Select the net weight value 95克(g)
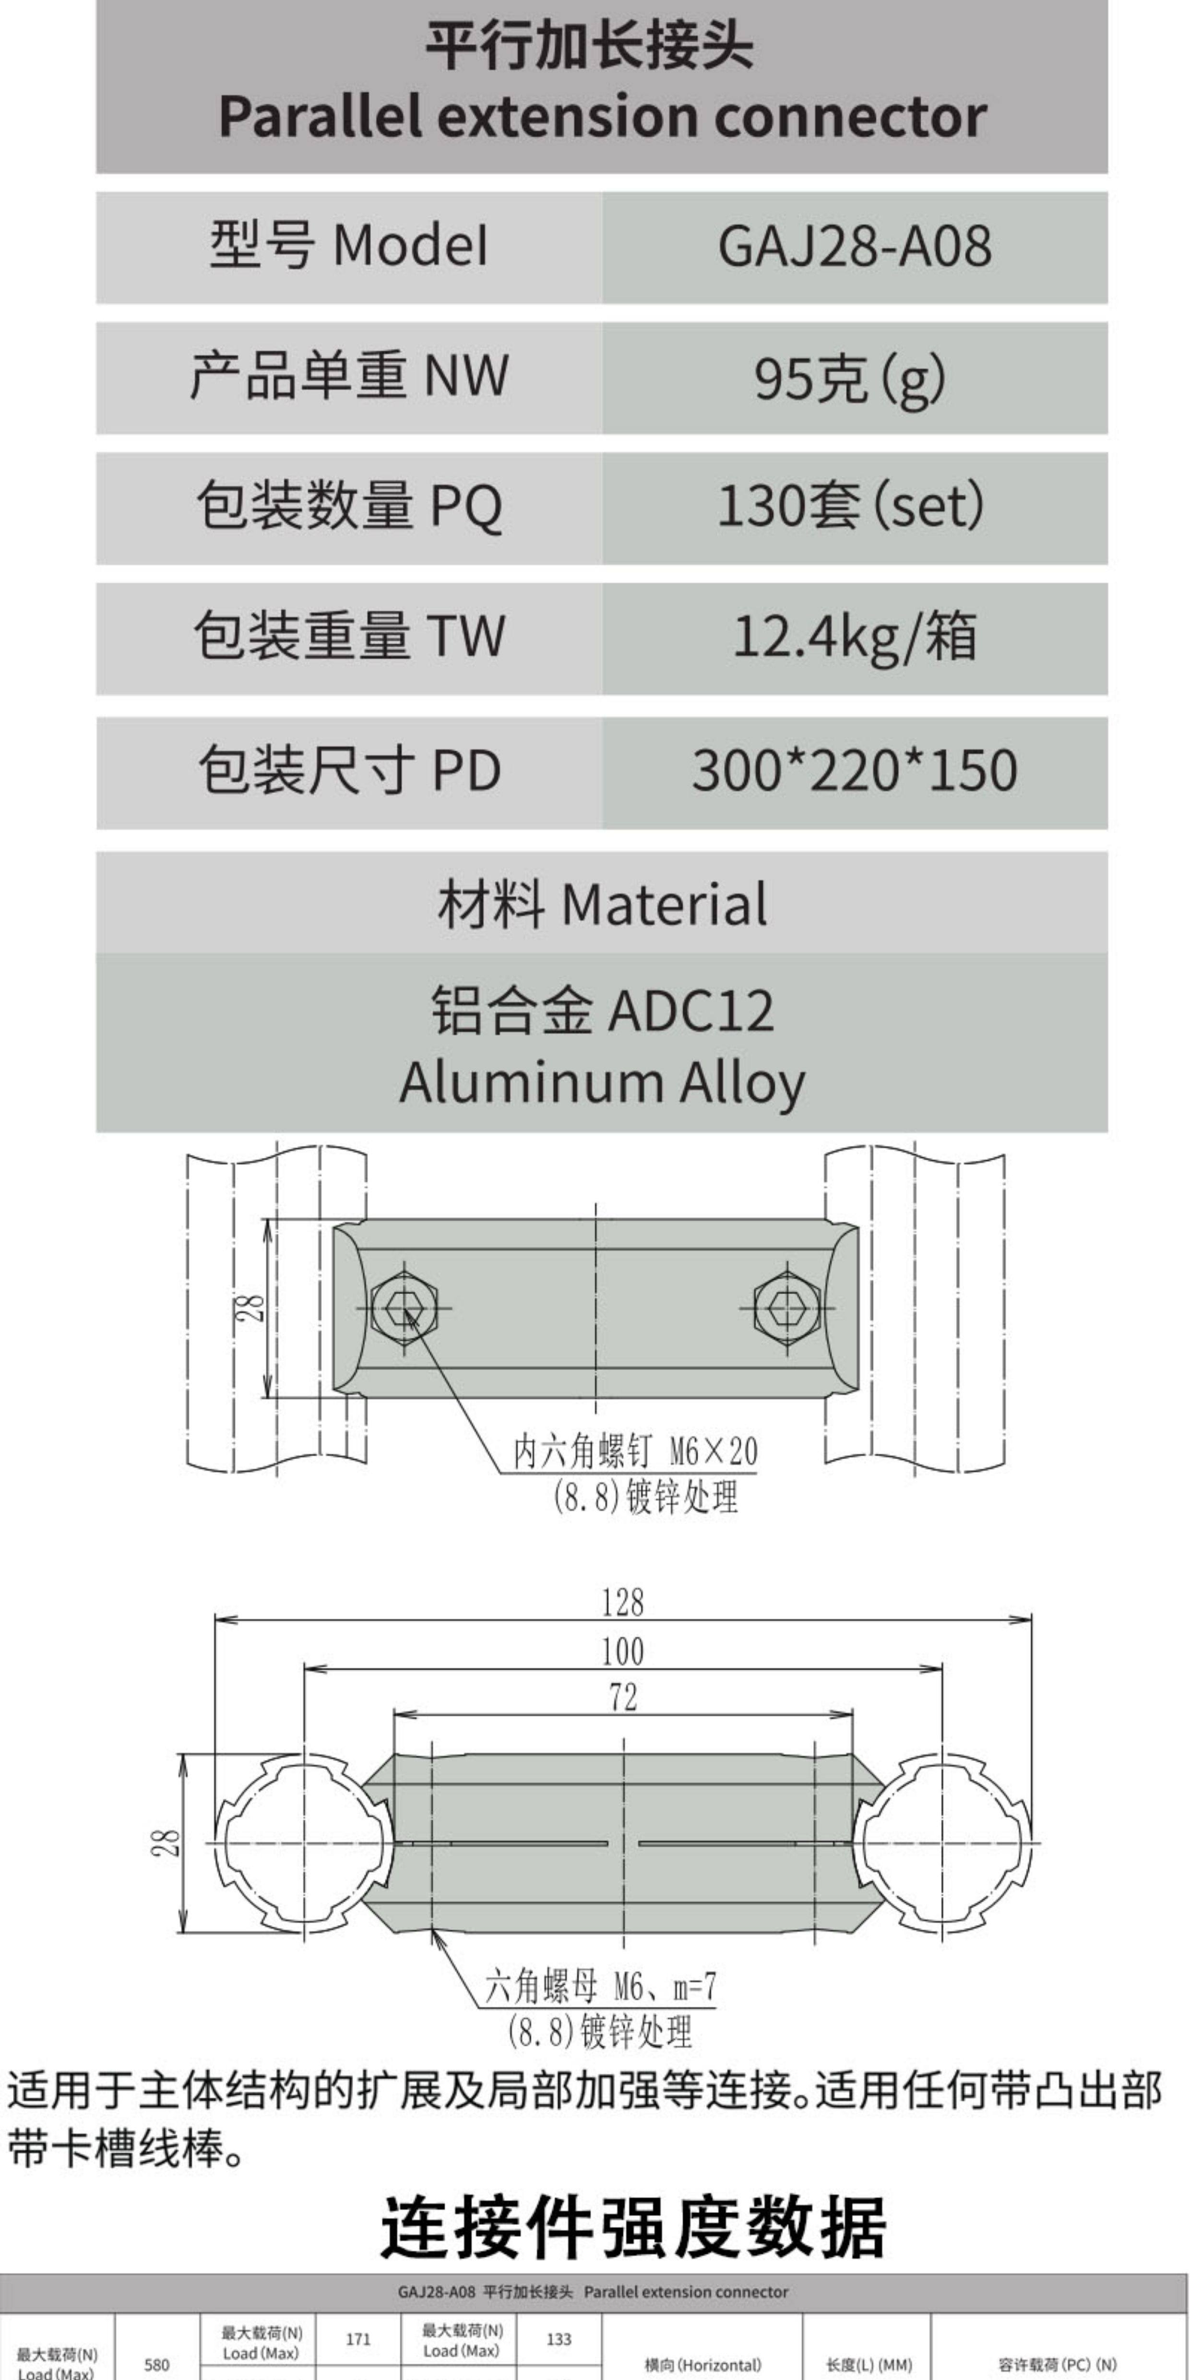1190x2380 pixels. (850, 378)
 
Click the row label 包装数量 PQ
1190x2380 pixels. (349, 507)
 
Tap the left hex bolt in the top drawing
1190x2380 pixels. (403, 1308)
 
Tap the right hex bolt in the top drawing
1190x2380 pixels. (786, 1308)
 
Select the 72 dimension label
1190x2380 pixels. (623, 1696)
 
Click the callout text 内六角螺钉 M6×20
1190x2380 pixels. (635, 1452)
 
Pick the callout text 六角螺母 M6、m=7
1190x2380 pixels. (601, 1987)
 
